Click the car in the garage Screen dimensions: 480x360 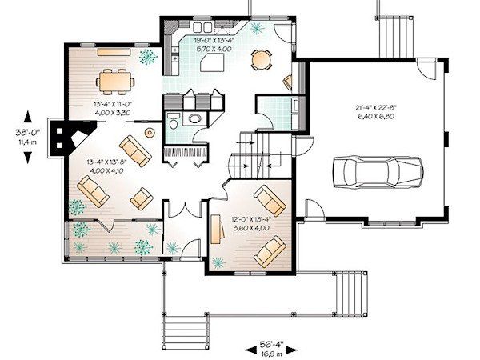378,172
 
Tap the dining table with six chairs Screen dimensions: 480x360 115,82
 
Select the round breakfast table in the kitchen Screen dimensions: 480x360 261,60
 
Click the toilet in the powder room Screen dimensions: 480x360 174,122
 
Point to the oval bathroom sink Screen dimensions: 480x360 194,118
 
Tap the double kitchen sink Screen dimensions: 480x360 202,27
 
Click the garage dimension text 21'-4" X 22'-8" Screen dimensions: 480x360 376,107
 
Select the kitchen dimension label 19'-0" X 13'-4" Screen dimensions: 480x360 214,40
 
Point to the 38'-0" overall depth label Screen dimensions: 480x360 28,133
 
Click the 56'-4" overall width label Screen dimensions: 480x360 271,344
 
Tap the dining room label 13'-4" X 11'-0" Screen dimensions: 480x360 113,104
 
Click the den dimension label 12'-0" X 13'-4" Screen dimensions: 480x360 251,219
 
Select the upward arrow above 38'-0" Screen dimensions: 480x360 28,117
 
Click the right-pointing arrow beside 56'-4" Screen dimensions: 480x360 291,350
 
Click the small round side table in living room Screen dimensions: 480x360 150,133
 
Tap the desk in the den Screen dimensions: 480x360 217,230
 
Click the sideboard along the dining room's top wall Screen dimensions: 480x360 114,52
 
